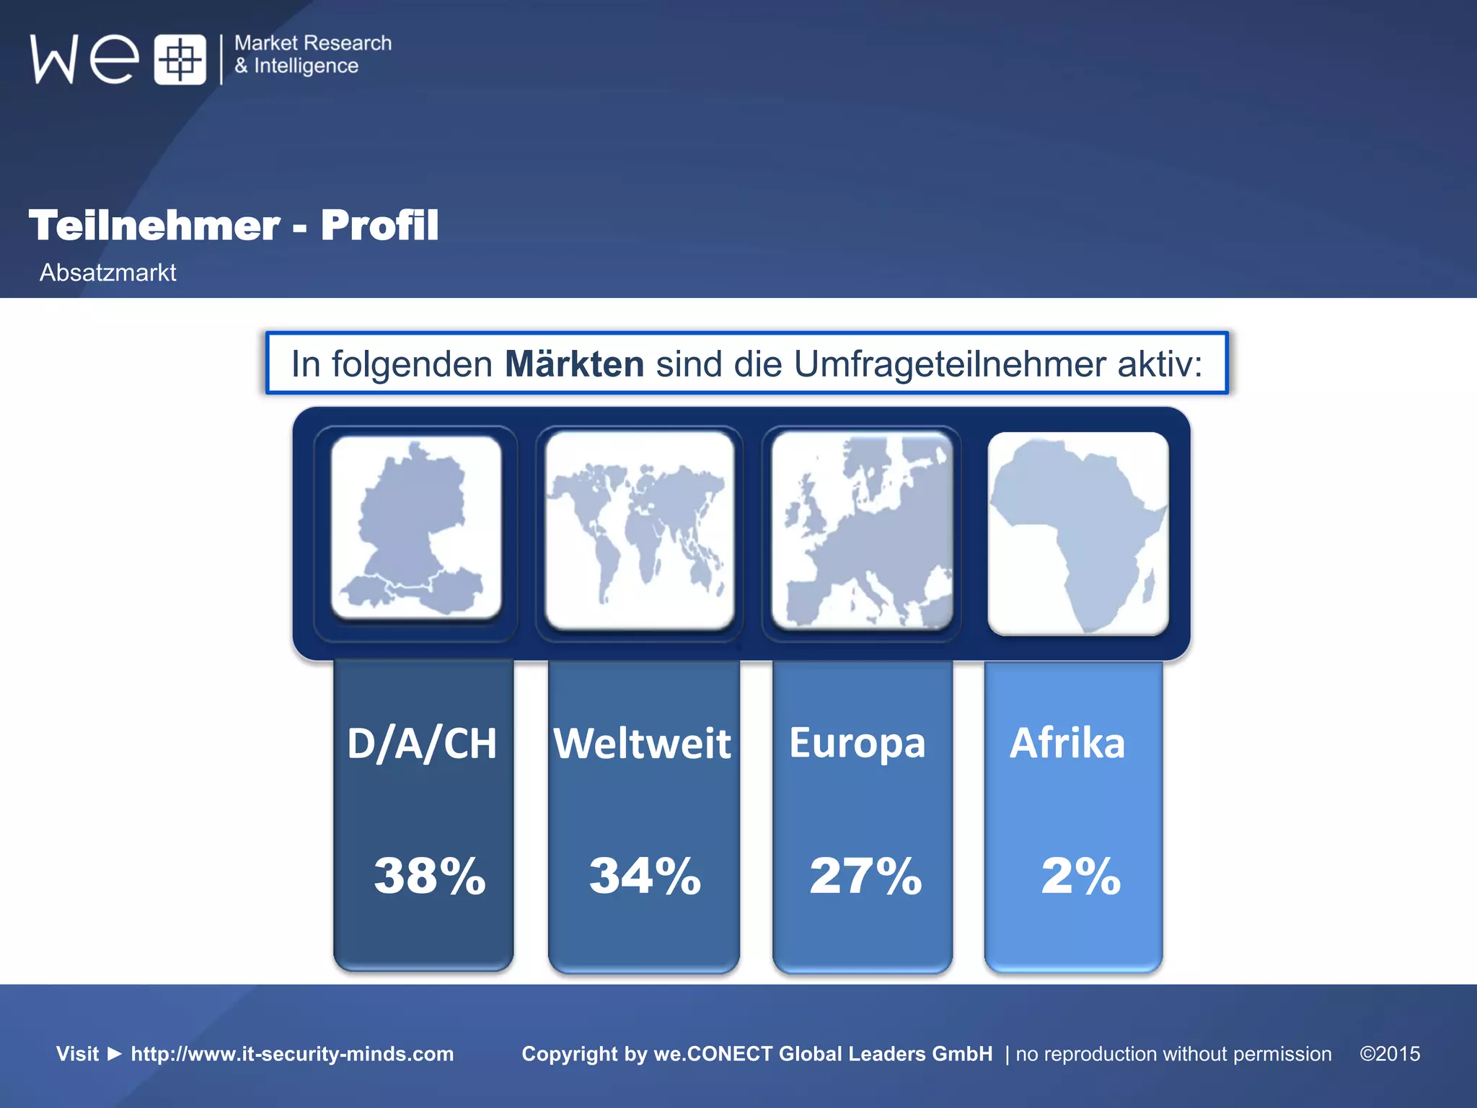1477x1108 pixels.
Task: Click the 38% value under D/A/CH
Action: point(430,876)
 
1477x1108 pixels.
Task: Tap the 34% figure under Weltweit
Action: point(645,876)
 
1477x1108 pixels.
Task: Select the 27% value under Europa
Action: point(865,876)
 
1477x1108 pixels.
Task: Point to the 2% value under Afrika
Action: point(1080,876)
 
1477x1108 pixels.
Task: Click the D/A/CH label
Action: point(422,744)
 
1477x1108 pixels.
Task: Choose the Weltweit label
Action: point(642,744)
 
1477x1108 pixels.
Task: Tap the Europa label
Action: point(857,744)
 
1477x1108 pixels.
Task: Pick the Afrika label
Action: point(1067,744)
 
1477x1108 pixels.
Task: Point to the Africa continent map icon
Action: point(1077,534)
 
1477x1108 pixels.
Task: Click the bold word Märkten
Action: point(574,364)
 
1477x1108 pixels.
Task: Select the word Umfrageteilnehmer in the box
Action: point(950,364)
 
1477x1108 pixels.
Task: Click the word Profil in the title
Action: point(379,225)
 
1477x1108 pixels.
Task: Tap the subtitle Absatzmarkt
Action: point(108,273)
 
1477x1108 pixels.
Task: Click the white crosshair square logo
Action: point(180,59)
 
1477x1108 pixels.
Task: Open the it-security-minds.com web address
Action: point(292,1054)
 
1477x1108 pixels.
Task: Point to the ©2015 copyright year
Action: point(1390,1054)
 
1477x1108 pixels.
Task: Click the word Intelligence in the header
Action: point(306,66)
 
